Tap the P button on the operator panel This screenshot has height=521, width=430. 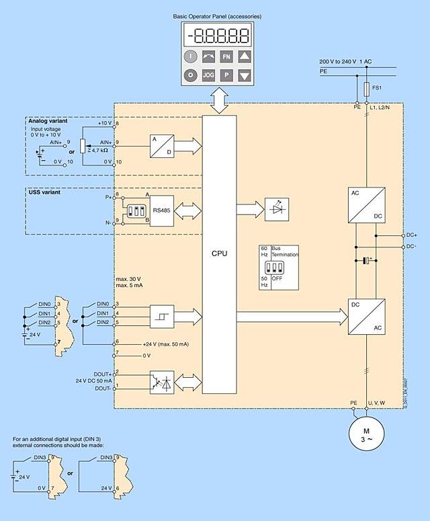pyautogui.click(x=226, y=75)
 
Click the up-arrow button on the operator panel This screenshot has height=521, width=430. pyautogui.click(x=244, y=57)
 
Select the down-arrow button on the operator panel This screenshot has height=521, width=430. pyautogui.click(x=244, y=75)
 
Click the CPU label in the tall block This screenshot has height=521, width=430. pyautogui.click(x=219, y=253)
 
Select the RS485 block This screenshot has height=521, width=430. pyautogui.click(x=161, y=209)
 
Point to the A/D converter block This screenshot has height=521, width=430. pyautogui.click(x=162, y=146)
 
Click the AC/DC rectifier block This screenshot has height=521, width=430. pyautogui.click(x=366, y=204)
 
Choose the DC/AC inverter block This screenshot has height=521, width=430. pyautogui.click(x=366, y=317)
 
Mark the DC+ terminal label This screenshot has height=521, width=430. pyautogui.click(x=412, y=235)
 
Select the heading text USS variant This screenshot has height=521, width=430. pyautogui.click(x=44, y=192)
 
